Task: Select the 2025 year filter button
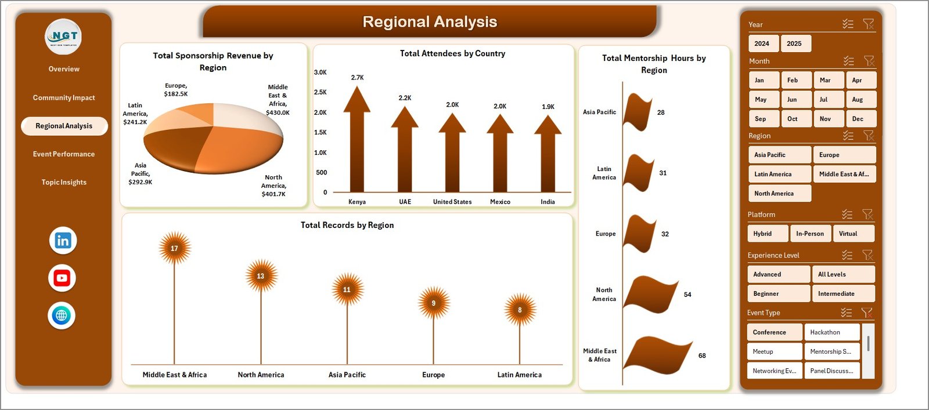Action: pyautogui.click(x=796, y=43)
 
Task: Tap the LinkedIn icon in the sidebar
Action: pyautogui.click(x=63, y=241)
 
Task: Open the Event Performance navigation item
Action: pyautogui.click(x=64, y=154)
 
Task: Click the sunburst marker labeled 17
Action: pyautogui.click(x=175, y=248)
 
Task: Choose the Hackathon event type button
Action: pyautogui.click(x=832, y=332)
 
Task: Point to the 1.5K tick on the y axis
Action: pyautogui.click(x=320, y=132)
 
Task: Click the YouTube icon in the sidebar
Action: pyautogui.click(x=62, y=278)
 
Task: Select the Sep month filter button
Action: pyautogui.click(x=764, y=119)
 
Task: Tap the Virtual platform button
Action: pyautogui.click(x=854, y=234)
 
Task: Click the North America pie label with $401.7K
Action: pyautogui.click(x=273, y=186)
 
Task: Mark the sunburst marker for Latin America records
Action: pyautogui.click(x=520, y=309)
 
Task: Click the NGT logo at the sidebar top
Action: pyautogui.click(x=63, y=37)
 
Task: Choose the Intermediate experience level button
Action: pyautogui.click(x=844, y=293)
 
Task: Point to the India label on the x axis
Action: pyautogui.click(x=548, y=202)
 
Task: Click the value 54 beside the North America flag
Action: pyautogui.click(x=687, y=295)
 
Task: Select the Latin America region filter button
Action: pyautogui.click(x=780, y=174)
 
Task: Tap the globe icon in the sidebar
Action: pyautogui.click(x=62, y=315)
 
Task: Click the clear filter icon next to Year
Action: pyautogui.click(x=868, y=24)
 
